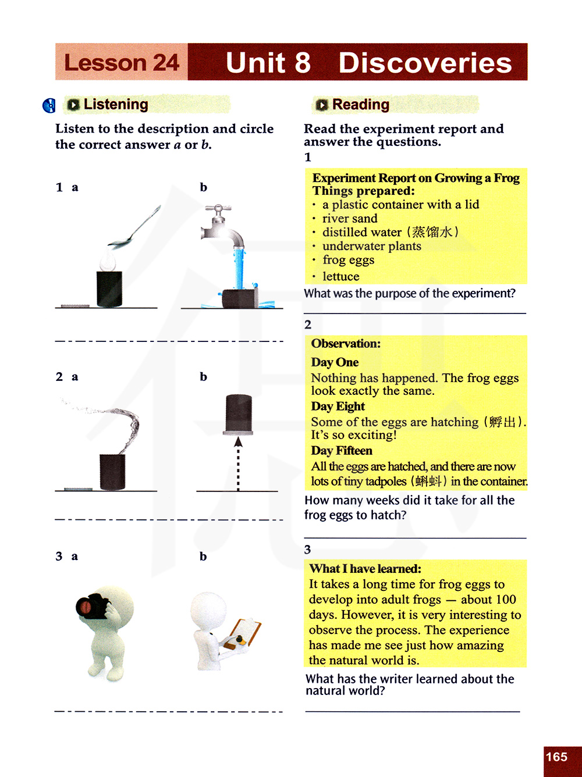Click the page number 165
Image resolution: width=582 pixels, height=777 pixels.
[x=556, y=757]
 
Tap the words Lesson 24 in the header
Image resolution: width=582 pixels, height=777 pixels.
[x=122, y=63]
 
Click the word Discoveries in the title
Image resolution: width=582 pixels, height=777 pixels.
[x=425, y=63]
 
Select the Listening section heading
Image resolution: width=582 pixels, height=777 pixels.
[x=116, y=105]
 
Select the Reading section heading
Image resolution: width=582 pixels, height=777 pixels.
[x=360, y=105]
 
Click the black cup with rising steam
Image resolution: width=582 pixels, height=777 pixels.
[x=112, y=472]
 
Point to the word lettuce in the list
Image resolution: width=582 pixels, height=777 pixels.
[x=340, y=277]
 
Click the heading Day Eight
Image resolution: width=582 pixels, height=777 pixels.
[x=338, y=407]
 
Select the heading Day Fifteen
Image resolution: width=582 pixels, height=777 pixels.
[x=341, y=451]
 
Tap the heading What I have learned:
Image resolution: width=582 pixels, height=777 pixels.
[x=365, y=569]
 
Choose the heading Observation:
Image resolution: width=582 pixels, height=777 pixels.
[x=346, y=344]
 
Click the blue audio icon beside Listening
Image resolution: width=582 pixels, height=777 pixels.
[x=49, y=105]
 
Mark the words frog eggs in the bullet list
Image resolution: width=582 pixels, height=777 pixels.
[x=348, y=260]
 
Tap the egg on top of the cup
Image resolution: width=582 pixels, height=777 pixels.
[x=108, y=261]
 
